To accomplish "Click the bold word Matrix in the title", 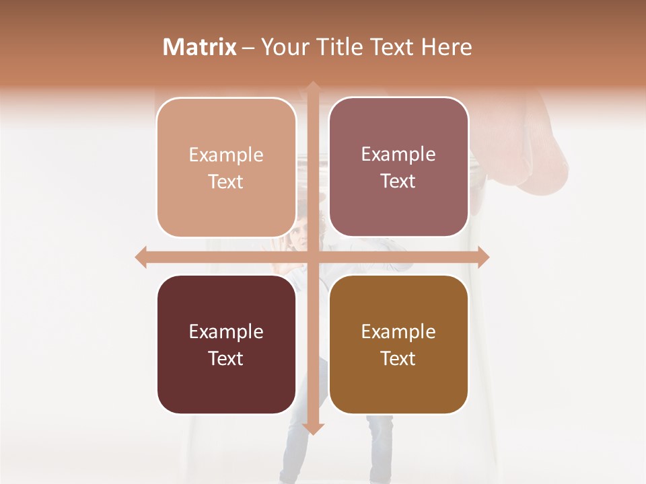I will coord(200,47).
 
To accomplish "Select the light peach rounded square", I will coord(226,167).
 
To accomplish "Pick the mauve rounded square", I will coord(398,167).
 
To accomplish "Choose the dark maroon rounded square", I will coord(226,344).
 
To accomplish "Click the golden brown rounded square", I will coord(398,344).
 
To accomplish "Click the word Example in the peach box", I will coord(226,155).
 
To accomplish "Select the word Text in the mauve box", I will coord(398,181).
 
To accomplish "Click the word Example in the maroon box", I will coord(226,331).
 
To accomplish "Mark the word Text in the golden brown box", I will coord(398,358).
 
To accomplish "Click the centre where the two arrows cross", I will coord(313,257).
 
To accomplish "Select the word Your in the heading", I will coord(283,47).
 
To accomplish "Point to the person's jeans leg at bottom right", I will coord(379,447).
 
